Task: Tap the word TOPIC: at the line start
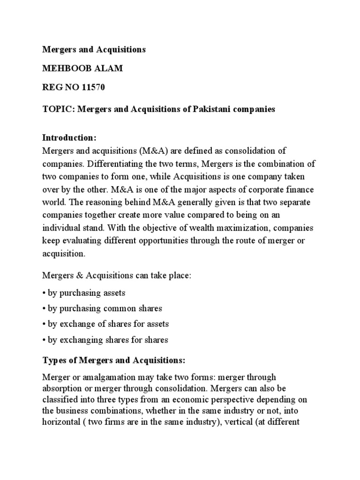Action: [x=58, y=109]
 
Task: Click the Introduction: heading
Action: [x=69, y=138]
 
